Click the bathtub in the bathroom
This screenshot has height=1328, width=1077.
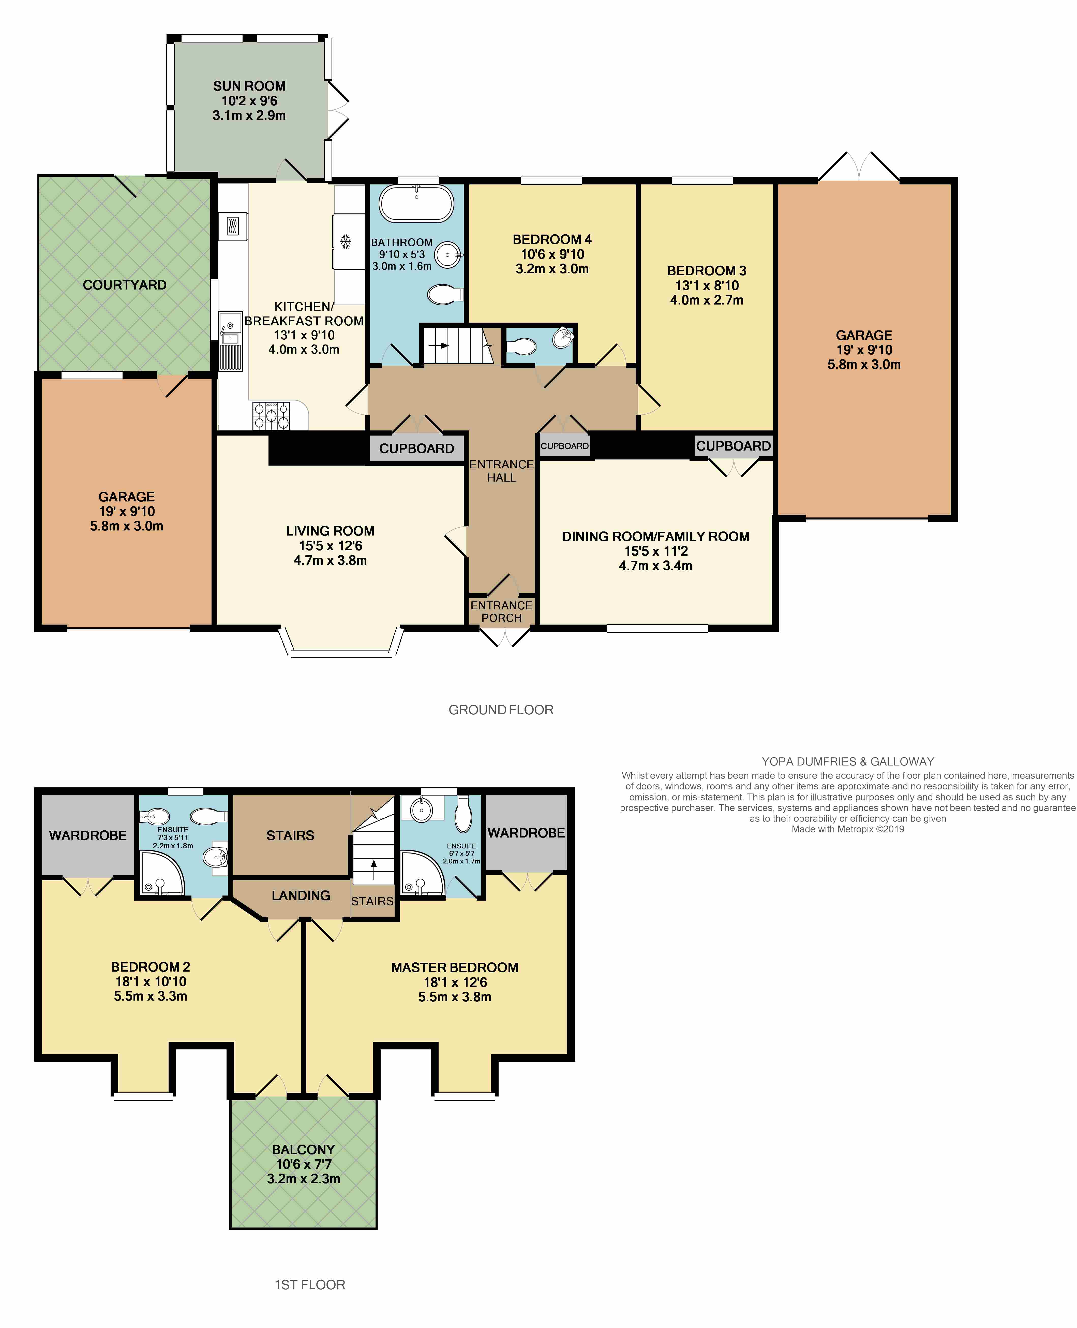point(416,204)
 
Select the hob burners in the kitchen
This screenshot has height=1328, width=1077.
point(271,415)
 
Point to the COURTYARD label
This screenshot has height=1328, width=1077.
point(125,285)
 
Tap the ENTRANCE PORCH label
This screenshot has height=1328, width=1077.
point(501,612)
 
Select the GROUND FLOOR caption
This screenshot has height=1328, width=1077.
point(501,710)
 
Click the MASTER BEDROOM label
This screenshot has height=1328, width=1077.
point(455,967)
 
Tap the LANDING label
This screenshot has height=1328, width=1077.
point(301,895)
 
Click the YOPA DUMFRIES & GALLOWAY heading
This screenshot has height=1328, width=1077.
point(848,761)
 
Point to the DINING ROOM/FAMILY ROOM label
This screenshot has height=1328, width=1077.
point(656,536)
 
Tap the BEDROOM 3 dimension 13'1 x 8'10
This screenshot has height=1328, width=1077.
point(707,286)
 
